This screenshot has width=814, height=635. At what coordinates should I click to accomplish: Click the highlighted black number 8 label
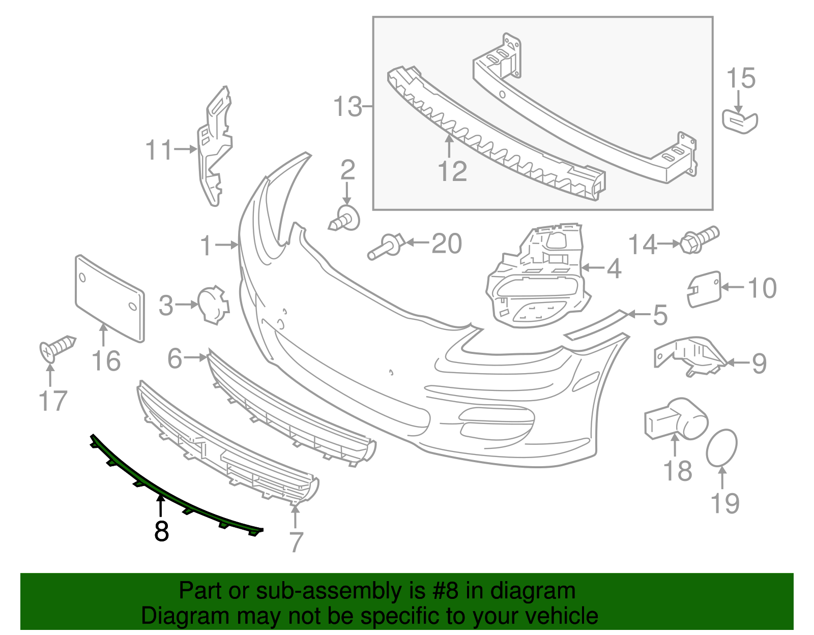click(161, 531)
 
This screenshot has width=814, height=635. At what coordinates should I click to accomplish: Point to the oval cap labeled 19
click(721, 447)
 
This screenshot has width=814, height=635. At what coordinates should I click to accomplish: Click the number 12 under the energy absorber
click(452, 171)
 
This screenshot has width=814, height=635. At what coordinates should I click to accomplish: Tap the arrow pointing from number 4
click(592, 267)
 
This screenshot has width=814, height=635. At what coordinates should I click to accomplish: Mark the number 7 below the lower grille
click(296, 542)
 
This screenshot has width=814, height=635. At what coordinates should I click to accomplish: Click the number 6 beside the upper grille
click(175, 358)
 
